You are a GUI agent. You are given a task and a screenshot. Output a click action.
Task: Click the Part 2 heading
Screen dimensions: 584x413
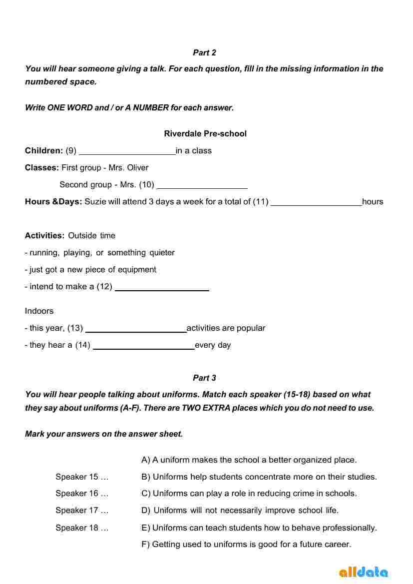(204, 52)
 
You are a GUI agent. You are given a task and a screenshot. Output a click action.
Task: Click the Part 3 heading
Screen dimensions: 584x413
(204, 378)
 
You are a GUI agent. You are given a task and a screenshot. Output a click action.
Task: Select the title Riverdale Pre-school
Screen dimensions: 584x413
(205, 133)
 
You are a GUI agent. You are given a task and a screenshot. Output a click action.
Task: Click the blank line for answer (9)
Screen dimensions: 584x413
(127, 151)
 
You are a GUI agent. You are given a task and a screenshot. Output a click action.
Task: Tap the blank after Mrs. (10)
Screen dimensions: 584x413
(202, 185)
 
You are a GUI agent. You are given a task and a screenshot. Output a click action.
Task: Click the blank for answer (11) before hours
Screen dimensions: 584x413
(316, 202)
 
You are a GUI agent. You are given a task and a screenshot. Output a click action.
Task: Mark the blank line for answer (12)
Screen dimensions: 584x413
(162, 287)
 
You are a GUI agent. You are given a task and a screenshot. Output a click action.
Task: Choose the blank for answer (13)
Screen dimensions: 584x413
(136, 329)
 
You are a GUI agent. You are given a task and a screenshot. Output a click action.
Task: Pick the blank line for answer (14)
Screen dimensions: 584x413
(144, 346)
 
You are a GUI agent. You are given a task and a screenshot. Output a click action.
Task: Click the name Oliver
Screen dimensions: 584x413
(138, 167)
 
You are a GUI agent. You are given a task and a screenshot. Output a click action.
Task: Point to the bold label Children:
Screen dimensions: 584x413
(44, 150)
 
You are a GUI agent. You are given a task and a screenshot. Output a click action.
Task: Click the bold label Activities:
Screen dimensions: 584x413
(45, 235)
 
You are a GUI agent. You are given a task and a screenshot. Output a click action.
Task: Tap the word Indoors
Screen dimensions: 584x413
(39, 311)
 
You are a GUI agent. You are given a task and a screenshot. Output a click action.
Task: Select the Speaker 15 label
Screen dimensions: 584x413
(82, 477)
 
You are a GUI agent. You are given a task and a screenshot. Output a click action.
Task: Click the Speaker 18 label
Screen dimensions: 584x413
(82, 528)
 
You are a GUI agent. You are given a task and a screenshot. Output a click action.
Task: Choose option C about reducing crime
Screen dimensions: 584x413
(249, 493)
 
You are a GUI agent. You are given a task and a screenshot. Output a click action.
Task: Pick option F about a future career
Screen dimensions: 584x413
(247, 544)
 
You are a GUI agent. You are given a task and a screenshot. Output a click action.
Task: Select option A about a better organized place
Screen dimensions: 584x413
(249, 460)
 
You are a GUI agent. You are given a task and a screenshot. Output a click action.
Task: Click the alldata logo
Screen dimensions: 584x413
(364, 572)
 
